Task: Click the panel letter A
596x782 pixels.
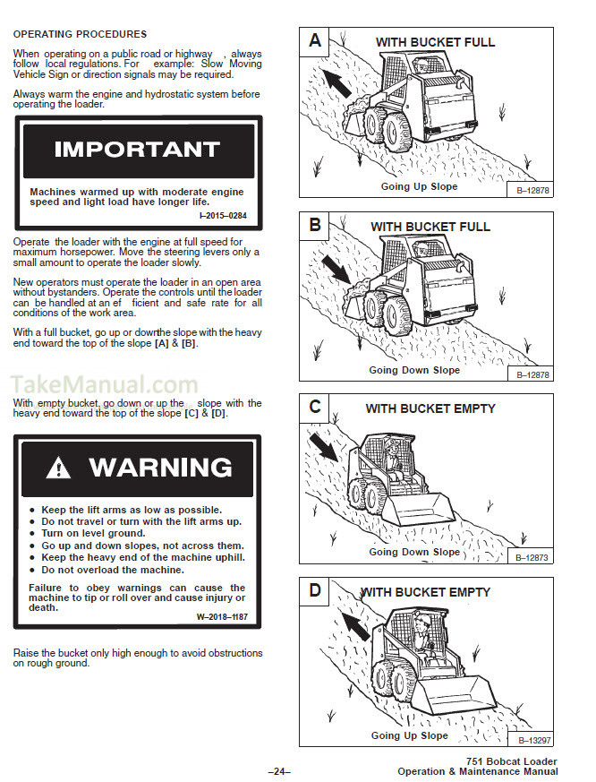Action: point(315,40)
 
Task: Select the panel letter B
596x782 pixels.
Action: point(315,225)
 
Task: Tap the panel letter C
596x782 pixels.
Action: point(315,408)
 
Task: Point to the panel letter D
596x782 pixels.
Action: point(315,591)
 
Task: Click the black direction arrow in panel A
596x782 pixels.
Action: point(337,82)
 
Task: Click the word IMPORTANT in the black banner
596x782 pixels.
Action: point(137,150)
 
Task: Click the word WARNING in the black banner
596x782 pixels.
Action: point(160,467)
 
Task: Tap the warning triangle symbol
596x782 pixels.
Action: point(58,467)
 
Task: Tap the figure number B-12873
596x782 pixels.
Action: point(536,557)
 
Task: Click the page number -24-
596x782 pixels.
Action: point(279,771)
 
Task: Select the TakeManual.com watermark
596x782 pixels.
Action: point(106,386)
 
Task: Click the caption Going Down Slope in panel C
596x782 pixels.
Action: point(414,552)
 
